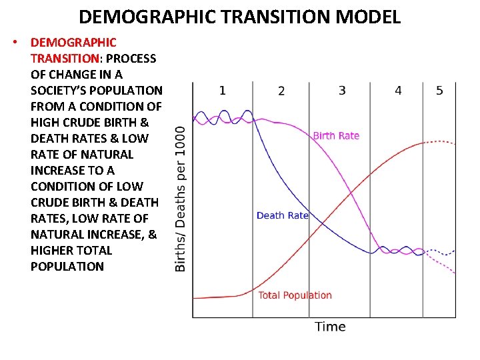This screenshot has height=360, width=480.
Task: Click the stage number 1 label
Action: click(222, 90)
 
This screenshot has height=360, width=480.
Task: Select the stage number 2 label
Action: click(281, 91)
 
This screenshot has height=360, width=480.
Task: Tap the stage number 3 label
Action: click(342, 90)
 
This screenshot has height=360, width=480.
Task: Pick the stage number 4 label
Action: click(398, 90)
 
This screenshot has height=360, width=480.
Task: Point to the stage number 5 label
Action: click(439, 90)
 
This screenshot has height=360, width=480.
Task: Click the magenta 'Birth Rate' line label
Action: click(336, 135)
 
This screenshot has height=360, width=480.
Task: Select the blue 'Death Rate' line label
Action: click(283, 215)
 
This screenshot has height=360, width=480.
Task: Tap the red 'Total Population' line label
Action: click(295, 295)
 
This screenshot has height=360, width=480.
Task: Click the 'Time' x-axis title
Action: click(330, 326)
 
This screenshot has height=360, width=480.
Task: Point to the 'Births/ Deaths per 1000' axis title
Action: click(180, 198)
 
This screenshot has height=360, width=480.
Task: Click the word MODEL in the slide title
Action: click(369, 17)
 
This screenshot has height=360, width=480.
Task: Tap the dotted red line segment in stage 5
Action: click(440, 142)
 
